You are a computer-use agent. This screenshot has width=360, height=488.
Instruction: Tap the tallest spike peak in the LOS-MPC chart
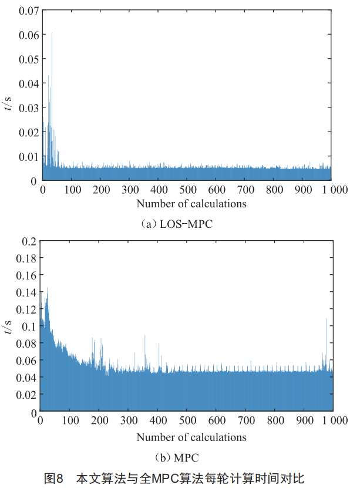point(52,33)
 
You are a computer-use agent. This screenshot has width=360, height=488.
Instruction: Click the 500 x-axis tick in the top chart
point(187,190)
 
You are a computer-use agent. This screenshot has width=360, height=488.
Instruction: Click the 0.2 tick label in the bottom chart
point(29,241)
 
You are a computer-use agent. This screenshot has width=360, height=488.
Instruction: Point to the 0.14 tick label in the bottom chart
point(28,292)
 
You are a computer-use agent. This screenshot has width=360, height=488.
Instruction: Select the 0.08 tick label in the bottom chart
point(28,344)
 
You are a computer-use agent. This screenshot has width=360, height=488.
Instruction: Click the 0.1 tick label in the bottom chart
point(29,327)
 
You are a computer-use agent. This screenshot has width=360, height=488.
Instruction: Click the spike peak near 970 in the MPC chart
point(326,319)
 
